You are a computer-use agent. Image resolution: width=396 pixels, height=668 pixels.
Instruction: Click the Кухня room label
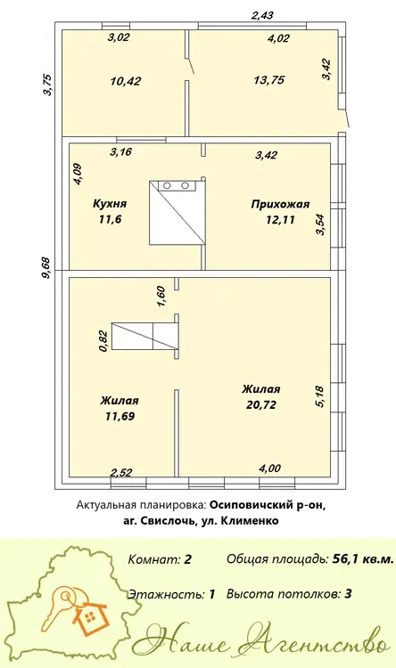point(110,204)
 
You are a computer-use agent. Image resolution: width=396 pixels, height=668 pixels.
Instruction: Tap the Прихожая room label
point(280,205)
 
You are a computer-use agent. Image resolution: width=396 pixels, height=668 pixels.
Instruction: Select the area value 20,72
point(261,404)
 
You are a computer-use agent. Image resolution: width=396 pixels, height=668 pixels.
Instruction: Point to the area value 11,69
point(120,416)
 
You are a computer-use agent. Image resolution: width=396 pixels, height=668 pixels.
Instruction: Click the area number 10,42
point(126,81)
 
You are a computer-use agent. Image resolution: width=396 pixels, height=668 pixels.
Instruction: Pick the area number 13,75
point(268,80)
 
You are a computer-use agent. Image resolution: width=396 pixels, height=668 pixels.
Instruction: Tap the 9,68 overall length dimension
point(46,268)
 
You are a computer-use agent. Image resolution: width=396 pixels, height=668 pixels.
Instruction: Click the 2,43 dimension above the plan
point(262,16)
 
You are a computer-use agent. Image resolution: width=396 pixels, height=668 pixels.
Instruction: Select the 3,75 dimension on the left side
point(47,85)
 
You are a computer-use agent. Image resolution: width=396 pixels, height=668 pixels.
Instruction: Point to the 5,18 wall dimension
point(319,396)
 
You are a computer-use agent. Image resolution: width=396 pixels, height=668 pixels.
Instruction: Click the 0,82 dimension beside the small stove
point(103,341)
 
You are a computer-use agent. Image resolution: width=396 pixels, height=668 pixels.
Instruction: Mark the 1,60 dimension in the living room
point(161,297)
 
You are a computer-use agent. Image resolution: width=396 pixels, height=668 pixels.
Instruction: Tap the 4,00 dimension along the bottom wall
point(269,468)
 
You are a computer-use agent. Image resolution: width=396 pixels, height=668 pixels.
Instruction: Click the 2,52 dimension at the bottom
point(121,472)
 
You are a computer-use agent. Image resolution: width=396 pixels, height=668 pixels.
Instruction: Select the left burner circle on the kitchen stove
point(168,185)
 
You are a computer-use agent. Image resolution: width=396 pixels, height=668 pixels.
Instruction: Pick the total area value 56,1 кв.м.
point(363,559)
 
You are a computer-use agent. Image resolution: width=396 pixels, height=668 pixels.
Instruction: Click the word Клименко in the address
point(251,521)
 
